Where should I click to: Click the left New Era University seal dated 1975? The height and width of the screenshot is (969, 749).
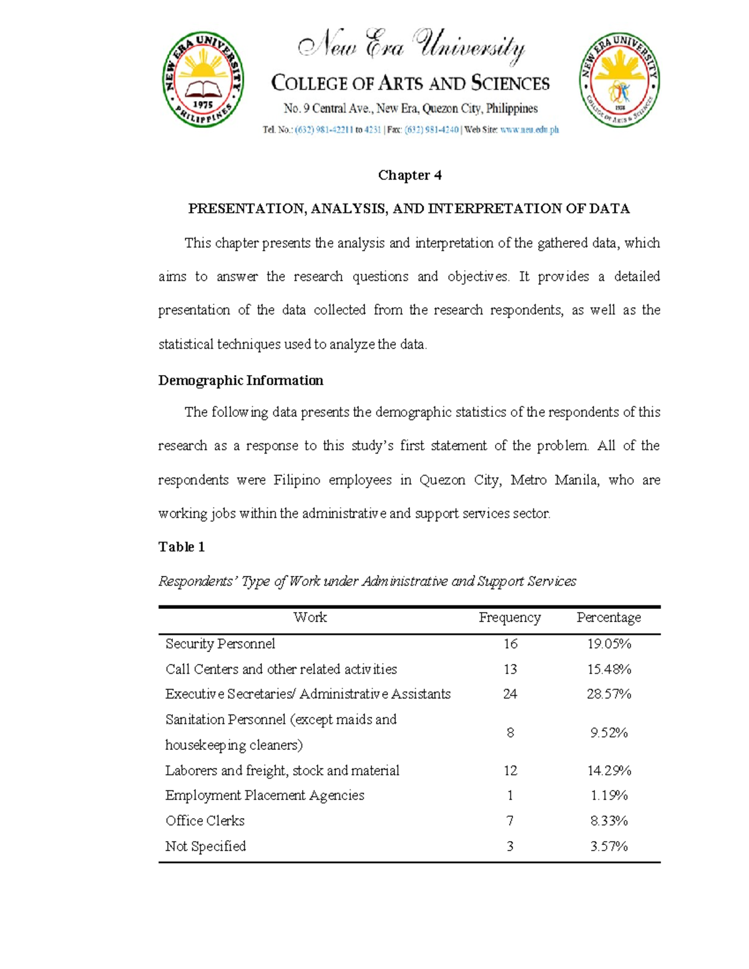tap(203, 80)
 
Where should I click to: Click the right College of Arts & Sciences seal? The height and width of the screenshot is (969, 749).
tap(619, 80)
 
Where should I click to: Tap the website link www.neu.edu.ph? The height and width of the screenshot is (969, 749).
tap(529, 130)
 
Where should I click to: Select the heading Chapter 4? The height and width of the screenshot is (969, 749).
tap(409, 175)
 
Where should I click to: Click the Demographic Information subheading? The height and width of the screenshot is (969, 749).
tap(240, 381)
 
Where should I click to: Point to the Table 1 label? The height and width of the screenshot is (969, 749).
tap(181, 547)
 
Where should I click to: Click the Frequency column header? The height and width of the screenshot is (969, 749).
tap(509, 618)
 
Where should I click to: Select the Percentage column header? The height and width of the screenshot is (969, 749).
tap(609, 618)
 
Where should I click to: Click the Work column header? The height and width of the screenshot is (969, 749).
tap(310, 618)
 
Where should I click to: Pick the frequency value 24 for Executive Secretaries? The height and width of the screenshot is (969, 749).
tap(510, 694)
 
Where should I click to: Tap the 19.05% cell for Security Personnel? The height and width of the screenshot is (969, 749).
tap(609, 644)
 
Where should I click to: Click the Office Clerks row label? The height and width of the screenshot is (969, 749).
tap(205, 821)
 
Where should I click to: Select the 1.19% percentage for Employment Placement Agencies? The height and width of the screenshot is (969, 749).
tap(609, 796)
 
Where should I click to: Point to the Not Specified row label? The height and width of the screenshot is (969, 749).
tap(205, 847)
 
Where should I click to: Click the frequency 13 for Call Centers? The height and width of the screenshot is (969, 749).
tap(510, 670)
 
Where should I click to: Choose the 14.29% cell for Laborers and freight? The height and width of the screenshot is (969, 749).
tap(609, 771)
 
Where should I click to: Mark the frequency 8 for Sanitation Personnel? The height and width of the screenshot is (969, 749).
tap(510, 733)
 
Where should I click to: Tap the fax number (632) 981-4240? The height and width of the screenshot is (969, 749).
tap(431, 130)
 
